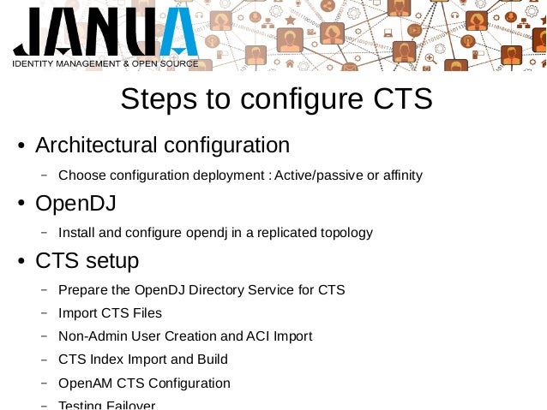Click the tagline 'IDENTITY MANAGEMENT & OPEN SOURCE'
pyautogui.click(x=105, y=63)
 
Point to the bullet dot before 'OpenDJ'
pyautogui.click(x=22, y=205)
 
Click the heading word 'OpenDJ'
pyautogui.click(x=75, y=203)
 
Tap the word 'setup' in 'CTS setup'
pyautogui.click(x=109, y=260)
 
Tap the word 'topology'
pyautogui.click(x=345, y=233)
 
